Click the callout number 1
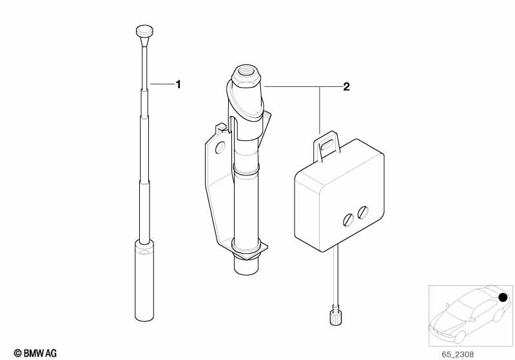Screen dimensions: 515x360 [x=179, y=84]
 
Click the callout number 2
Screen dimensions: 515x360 [x=347, y=87]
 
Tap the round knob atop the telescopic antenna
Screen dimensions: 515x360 [x=144, y=31]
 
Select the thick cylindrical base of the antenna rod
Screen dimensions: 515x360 [x=144, y=281]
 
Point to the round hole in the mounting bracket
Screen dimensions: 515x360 [x=220, y=147]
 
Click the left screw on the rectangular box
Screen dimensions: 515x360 [x=348, y=220]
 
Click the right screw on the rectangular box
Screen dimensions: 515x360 [x=363, y=212]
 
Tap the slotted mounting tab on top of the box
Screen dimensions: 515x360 [x=327, y=146]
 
